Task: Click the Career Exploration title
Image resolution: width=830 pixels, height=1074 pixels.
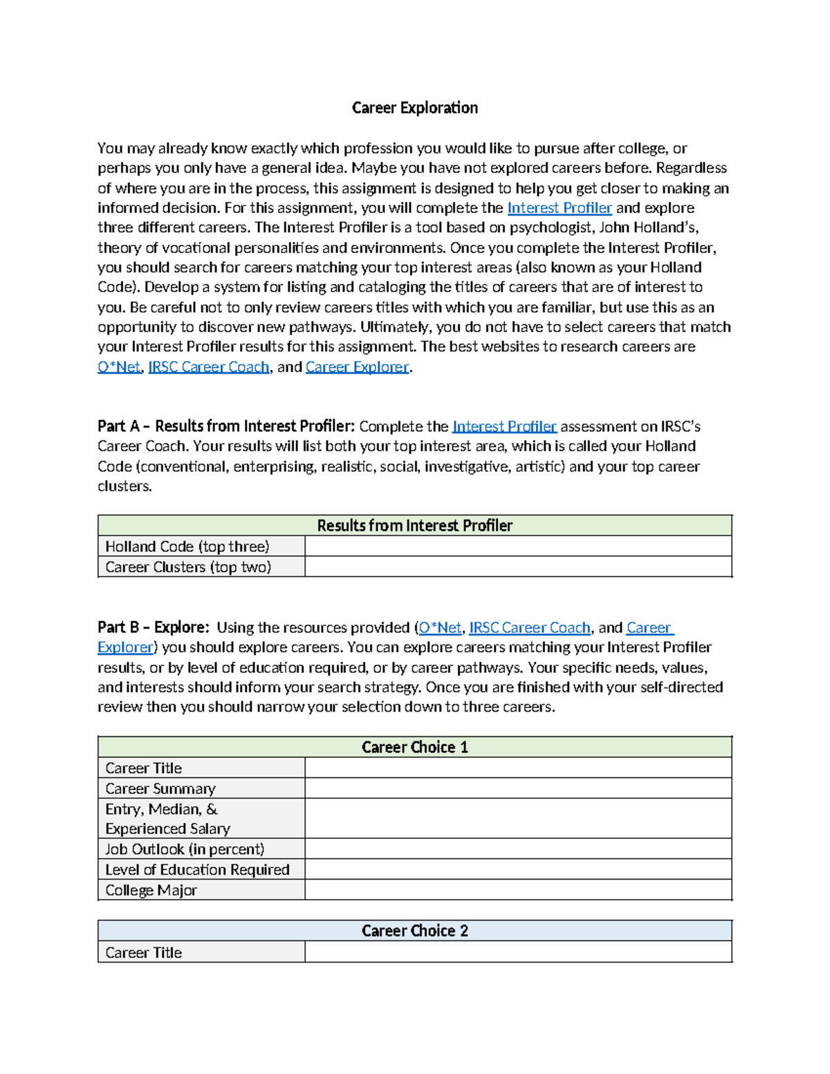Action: click(x=414, y=108)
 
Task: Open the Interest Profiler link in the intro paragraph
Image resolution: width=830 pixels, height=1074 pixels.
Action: click(x=559, y=208)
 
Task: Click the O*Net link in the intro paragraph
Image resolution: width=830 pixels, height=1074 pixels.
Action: click(x=118, y=367)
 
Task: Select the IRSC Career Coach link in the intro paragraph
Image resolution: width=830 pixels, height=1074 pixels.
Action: click(x=208, y=367)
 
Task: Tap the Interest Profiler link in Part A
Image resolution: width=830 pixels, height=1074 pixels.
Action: click(x=504, y=427)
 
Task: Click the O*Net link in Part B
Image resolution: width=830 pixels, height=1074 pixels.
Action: click(x=439, y=628)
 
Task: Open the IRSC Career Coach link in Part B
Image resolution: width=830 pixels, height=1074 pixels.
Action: click(x=529, y=628)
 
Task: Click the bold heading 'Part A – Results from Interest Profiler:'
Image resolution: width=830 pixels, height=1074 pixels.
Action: click(x=225, y=427)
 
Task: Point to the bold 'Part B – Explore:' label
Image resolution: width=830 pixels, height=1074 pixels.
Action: click(x=153, y=628)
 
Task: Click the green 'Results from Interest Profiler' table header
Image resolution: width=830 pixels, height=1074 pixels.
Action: click(x=414, y=526)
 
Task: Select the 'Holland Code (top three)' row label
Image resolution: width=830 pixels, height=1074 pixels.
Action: click(x=187, y=546)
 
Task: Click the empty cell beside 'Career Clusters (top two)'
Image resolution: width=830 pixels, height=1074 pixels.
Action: click(x=517, y=567)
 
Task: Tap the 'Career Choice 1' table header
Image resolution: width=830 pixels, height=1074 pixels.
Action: click(x=414, y=748)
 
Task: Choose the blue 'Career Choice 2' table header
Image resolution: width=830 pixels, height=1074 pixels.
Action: click(x=414, y=931)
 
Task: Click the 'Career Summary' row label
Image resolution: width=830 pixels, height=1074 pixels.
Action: click(x=160, y=789)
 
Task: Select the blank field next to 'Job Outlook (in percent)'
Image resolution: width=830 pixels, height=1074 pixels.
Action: click(x=517, y=849)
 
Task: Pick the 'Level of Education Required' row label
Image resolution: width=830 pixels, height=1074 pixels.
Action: click(x=197, y=870)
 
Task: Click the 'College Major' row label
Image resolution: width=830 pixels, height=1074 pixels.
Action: click(x=151, y=891)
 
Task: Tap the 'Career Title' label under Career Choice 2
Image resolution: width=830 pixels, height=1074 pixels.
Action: click(x=143, y=953)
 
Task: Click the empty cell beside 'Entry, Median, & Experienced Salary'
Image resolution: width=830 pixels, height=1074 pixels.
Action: click(x=517, y=819)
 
